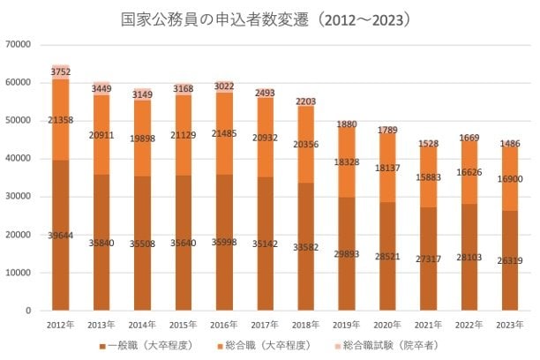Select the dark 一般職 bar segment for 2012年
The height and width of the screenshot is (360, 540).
pyautogui.click(x=61, y=265)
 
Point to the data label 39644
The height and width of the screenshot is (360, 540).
pyautogui.click(x=61, y=235)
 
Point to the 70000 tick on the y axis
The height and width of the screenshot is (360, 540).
pyautogui.click(x=19, y=45)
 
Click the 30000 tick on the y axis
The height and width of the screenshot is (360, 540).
pyautogui.click(x=19, y=197)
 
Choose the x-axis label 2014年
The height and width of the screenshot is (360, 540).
pyautogui.click(x=143, y=325)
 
